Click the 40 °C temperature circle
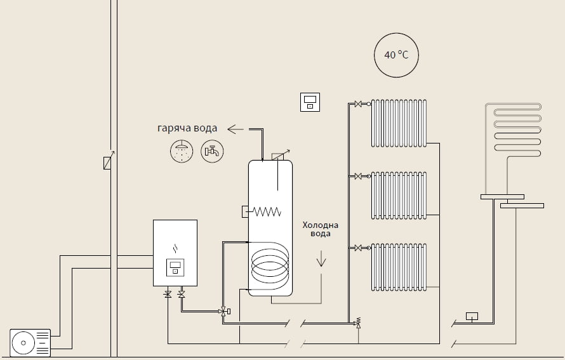(396, 55)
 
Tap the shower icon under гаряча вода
(182, 151)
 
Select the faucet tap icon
(212, 151)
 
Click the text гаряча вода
(187, 128)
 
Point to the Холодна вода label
(321, 229)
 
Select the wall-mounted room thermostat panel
(310, 102)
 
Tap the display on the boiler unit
(175, 267)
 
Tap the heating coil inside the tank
(270, 265)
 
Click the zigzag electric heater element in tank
(267, 212)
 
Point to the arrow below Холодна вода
(321, 258)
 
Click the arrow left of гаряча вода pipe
(236, 130)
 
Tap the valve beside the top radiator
(358, 103)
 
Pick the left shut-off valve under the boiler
(168, 294)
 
